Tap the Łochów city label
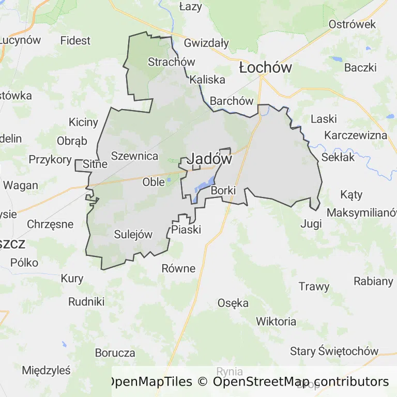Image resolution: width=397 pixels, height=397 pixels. [265, 68]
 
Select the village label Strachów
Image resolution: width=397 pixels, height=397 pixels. [171, 62]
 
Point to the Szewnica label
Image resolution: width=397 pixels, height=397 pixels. [134, 156]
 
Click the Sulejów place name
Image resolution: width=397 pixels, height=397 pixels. [133, 235]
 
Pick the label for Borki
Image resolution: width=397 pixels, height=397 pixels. [223, 191]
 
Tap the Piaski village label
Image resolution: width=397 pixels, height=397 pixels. [186, 230]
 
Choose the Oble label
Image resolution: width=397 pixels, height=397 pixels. [154, 182]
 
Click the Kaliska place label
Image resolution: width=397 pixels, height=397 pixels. [207, 80]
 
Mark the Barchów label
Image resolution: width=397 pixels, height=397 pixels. [232, 101]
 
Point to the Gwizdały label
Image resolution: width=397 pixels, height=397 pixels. [206, 43]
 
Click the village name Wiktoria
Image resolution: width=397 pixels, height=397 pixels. [276, 322]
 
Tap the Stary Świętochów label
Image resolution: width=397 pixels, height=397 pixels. [334, 352]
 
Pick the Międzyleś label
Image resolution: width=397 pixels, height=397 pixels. [46, 370]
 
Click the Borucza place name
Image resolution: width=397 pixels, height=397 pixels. [115, 353]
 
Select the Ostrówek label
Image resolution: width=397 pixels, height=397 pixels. [352, 24]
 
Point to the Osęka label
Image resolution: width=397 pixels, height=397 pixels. [233, 303]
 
